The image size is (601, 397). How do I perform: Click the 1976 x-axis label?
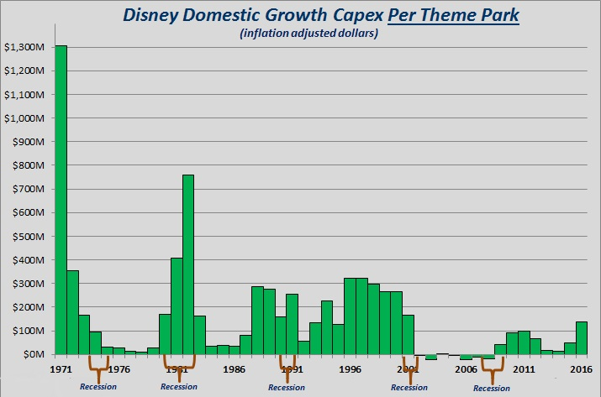119,368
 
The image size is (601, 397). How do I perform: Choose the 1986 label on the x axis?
234,368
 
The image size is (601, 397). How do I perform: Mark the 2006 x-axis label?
466,368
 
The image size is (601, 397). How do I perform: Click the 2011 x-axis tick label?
524,368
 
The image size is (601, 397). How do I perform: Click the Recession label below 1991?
286,387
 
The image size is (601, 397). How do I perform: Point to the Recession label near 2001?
409,387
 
